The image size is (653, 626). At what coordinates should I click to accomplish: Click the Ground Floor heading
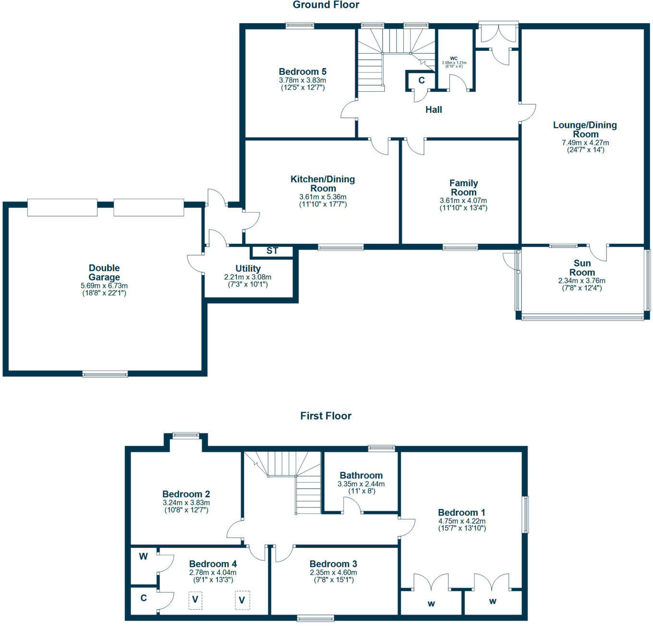pos(326,5)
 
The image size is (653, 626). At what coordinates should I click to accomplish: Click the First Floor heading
pos(326,416)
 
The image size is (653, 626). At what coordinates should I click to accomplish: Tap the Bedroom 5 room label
pos(302,72)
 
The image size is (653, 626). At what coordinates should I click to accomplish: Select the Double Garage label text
pos(104,273)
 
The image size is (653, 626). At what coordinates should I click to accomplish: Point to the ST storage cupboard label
pos(272,251)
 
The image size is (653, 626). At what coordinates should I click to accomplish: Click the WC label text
pos(454,58)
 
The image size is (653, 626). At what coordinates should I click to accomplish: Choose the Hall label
pos(434,110)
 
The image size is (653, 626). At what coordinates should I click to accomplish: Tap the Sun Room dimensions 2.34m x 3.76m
pos(581,281)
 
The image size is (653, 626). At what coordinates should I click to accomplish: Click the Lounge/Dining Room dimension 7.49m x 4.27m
pos(585,143)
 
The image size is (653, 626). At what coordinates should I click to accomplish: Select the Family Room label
pos(463,188)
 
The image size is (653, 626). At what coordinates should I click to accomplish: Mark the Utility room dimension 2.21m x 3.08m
pos(248,277)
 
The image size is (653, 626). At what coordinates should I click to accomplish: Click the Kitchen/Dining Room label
pos(323,184)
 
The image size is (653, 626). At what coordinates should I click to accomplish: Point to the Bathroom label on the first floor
pos(361,475)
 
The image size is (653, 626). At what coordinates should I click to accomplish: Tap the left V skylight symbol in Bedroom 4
pos(195,600)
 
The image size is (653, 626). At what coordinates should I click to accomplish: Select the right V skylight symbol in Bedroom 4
pos(242,600)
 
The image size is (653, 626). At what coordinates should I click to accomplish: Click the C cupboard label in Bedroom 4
pos(144,598)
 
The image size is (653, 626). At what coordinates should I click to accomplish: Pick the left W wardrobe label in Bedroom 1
pos(431,603)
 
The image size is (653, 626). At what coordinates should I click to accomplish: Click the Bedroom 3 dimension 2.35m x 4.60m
pos(333,573)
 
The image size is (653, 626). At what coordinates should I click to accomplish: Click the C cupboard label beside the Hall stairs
pos(421,80)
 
